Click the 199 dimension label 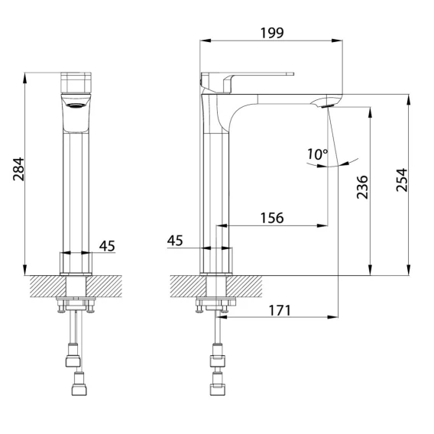(x=272, y=33)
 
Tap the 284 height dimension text (x=19, y=169)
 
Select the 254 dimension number (x=402, y=180)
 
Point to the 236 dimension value (x=362, y=187)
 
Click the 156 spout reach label (x=272, y=218)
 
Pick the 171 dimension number (x=280, y=310)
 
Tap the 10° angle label (x=317, y=154)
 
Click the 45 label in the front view (x=107, y=245)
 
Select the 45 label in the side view (x=175, y=240)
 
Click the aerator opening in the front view (x=76, y=105)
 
